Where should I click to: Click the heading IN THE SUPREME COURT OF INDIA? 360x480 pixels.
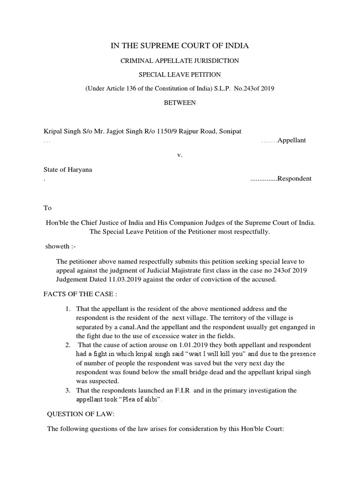tap(180, 45)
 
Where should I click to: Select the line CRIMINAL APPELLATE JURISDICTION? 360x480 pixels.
tap(180, 61)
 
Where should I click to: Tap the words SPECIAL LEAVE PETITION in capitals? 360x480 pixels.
tap(180, 75)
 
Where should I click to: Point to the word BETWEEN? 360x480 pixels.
tap(180, 102)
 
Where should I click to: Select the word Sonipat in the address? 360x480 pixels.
tap(230, 131)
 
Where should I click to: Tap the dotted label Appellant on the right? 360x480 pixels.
tap(292, 141)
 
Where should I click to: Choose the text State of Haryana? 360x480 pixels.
tap(68, 169)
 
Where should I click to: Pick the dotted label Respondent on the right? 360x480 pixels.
tap(294, 179)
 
